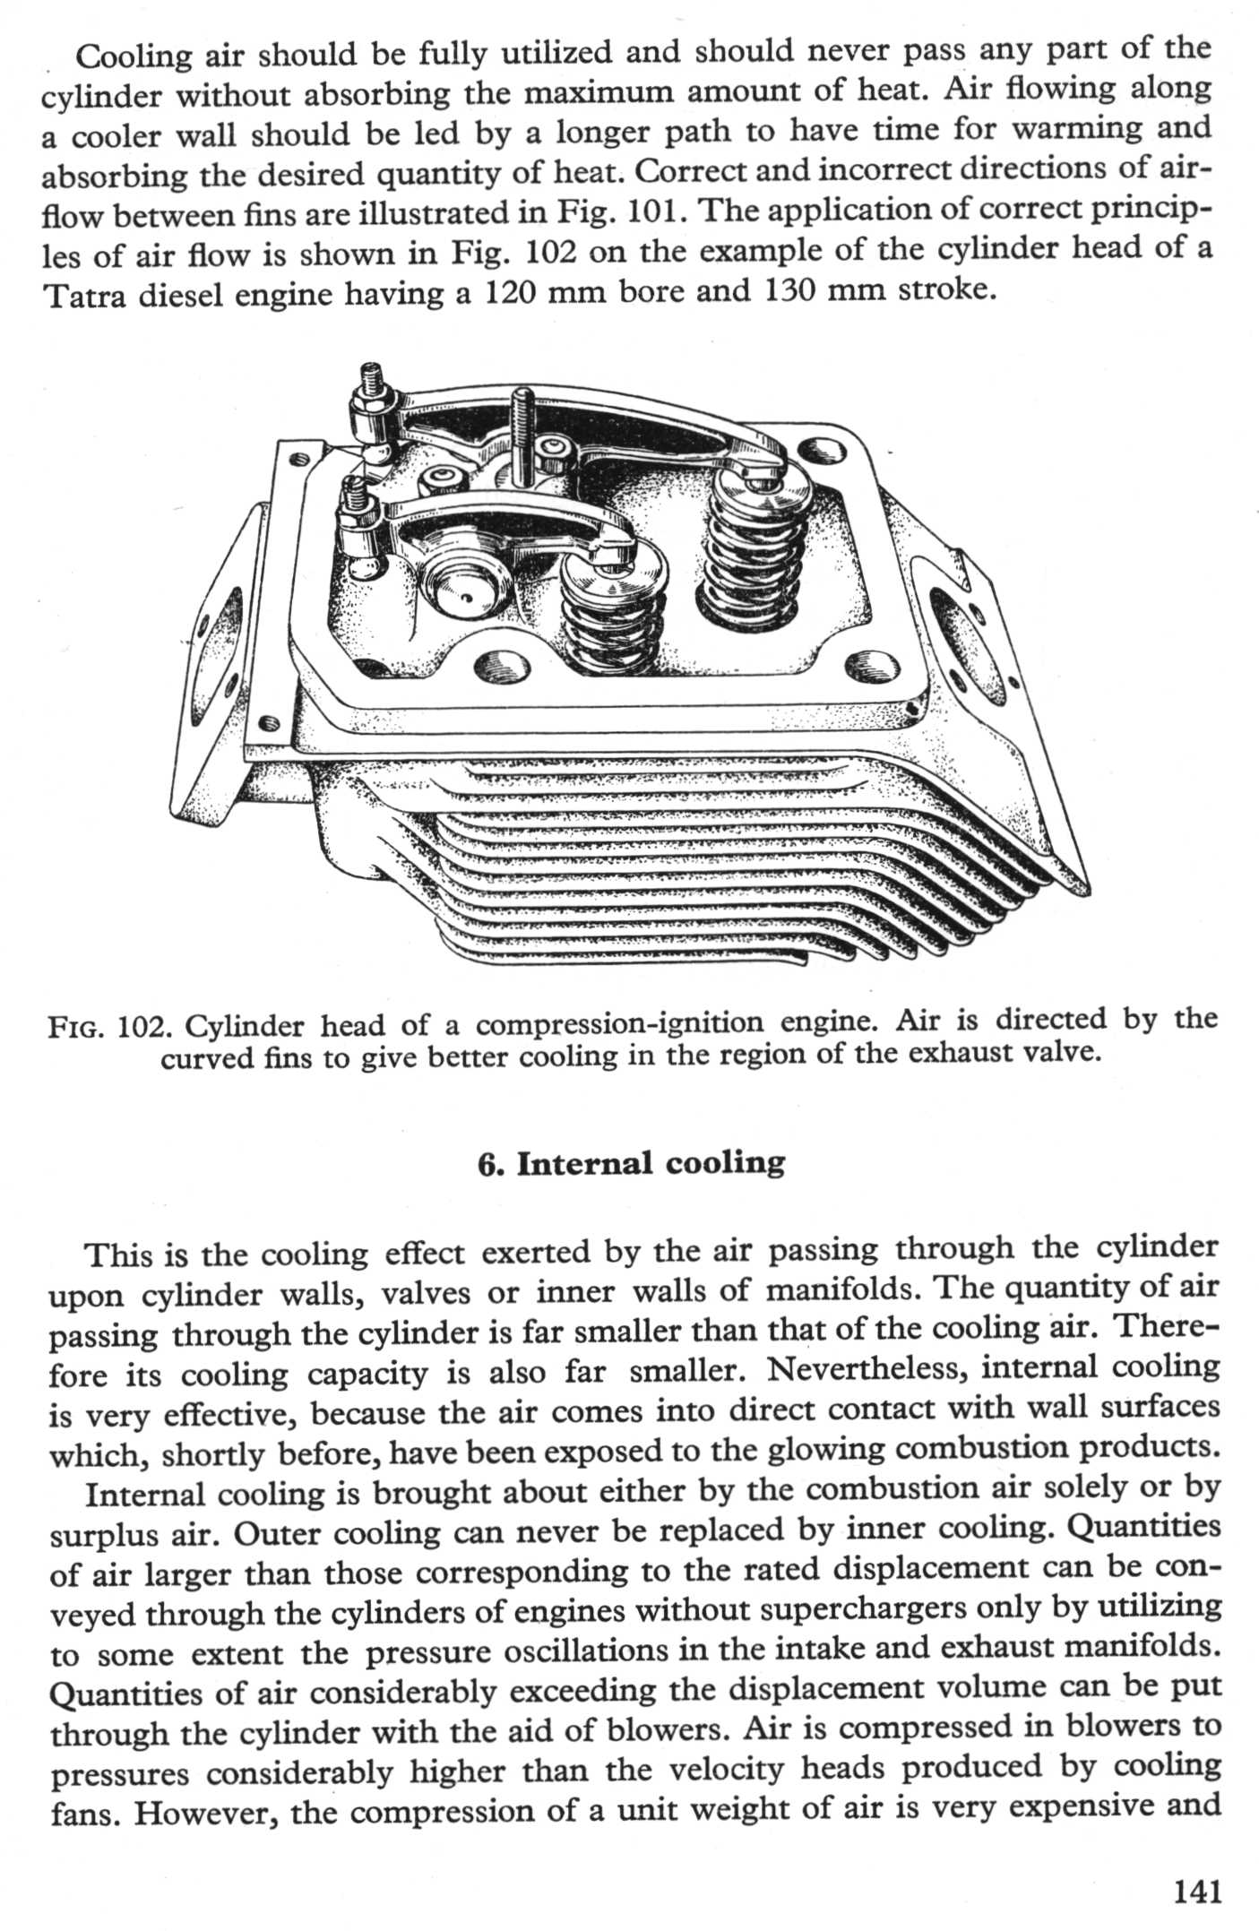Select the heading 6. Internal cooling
click(631, 1163)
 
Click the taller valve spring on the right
click(748, 547)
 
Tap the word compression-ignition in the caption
click(620, 1023)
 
